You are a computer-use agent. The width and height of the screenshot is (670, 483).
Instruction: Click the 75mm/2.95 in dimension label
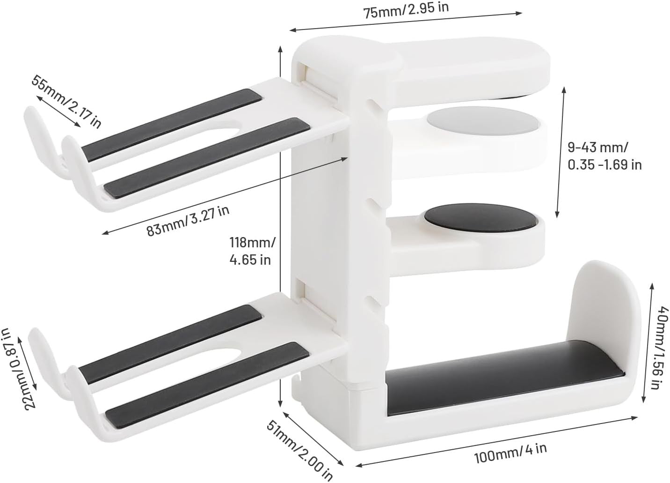click(x=406, y=9)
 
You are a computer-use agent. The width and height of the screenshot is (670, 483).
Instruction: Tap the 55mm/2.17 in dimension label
click(x=66, y=101)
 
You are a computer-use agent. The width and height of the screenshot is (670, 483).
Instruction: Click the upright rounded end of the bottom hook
click(x=604, y=305)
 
